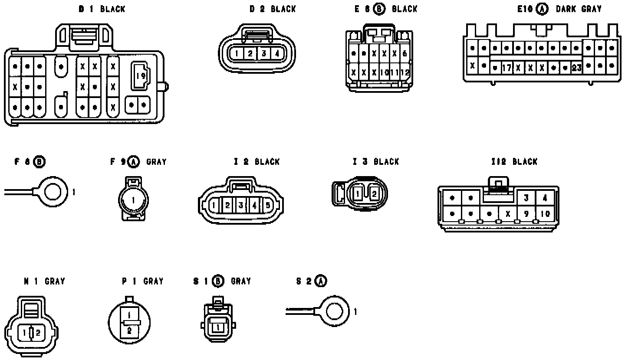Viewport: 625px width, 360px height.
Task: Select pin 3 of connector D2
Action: [263, 54]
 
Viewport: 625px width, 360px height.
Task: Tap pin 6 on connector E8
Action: [405, 54]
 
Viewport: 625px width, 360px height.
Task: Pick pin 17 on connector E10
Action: [507, 68]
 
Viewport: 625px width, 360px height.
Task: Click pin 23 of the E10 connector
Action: [576, 68]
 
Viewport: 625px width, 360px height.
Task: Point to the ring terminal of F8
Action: [53, 191]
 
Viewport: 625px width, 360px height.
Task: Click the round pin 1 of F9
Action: [133, 200]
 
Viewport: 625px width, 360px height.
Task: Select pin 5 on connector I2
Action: [268, 205]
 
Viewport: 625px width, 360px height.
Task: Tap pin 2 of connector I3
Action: [374, 194]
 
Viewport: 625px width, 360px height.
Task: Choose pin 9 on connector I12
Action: [526, 213]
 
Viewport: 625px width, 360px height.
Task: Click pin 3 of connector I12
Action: [526, 198]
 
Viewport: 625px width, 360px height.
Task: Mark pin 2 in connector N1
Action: [38, 333]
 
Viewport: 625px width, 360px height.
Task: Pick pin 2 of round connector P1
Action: [129, 331]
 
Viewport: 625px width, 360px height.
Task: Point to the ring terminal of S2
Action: [335, 311]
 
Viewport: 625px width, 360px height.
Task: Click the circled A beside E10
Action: [542, 9]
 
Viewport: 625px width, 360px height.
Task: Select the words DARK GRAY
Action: [579, 9]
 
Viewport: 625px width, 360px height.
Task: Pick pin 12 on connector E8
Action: [405, 72]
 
